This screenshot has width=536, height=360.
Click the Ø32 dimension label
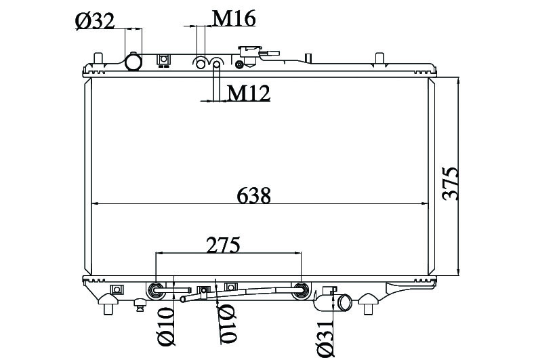click(x=95, y=21)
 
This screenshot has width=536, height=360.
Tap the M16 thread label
click(x=234, y=18)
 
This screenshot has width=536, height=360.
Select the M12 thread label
click(x=249, y=93)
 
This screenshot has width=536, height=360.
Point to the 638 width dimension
click(x=253, y=195)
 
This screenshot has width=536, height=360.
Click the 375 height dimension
click(x=449, y=183)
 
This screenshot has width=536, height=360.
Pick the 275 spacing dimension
click(x=223, y=245)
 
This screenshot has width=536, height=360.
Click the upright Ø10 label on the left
click(x=166, y=326)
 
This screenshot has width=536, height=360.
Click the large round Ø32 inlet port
click(x=133, y=62)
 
